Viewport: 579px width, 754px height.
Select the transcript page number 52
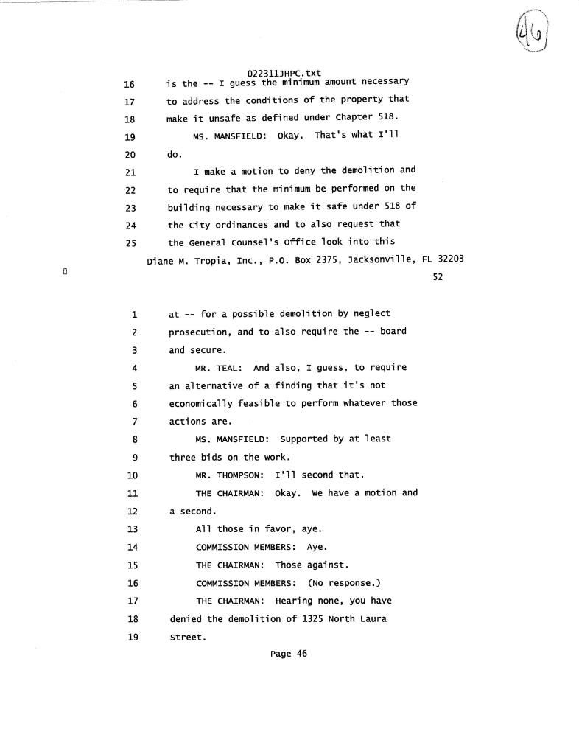click(x=438, y=277)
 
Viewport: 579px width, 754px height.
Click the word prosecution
click(x=200, y=332)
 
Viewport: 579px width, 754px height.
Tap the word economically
click(x=200, y=403)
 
